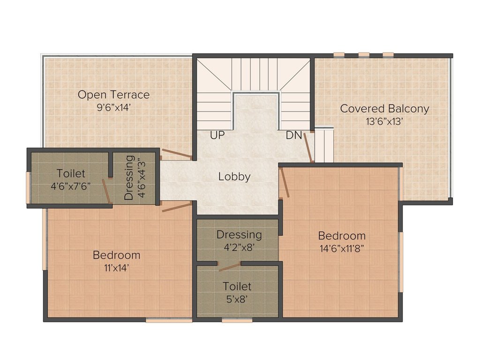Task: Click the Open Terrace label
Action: pyautogui.click(x=113, y=95)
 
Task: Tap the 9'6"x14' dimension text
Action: pyautogui.click(x=113, y=107)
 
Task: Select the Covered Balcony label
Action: pyautogui.click(x=384, y=109)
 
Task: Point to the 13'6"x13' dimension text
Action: pyautogui.click(x=384, y=121)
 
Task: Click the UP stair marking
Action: pyautogui.click(x=217, y=135)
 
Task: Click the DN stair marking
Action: pyautogui.click(x=294, y=135)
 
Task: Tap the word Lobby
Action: pyautogui.click(x=234, y=177)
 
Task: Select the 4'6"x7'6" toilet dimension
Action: pyautogui.click(x=71, y=185)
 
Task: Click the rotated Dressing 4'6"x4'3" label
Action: pyautogui.click(x=134, y=178)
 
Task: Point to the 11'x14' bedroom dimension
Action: pyautogui.click(x=116, y=268)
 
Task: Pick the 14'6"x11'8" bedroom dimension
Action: pyautogui.click(x=342, y=248)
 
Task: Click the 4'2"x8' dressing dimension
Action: pyautogui.click(x=239, y=247)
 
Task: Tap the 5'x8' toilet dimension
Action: pyautogui.click(x=237, y=298)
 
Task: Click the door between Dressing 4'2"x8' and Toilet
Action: pyautogui.click(x=229, y=267)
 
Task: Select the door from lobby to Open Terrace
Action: pyautogui.click(x=176, y=154)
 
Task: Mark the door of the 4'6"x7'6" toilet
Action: pyautogui.click(x=107, y=191)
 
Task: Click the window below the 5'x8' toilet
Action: pyautogui.click(x=237, y=321)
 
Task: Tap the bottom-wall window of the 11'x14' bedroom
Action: pyautogui.click(x=169, y=321)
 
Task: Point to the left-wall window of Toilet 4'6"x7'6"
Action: pyautogui.click(x=28, y=187)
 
